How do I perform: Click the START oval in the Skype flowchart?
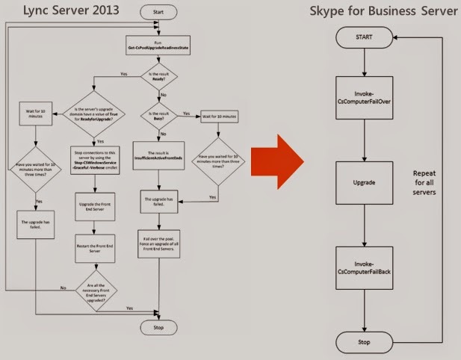tap(365, 35)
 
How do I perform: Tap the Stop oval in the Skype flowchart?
tap(365, 341)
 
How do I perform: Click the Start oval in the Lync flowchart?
tap(159, 13)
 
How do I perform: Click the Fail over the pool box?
tap(158, 244)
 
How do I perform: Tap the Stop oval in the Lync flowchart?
tap(158, 327)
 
